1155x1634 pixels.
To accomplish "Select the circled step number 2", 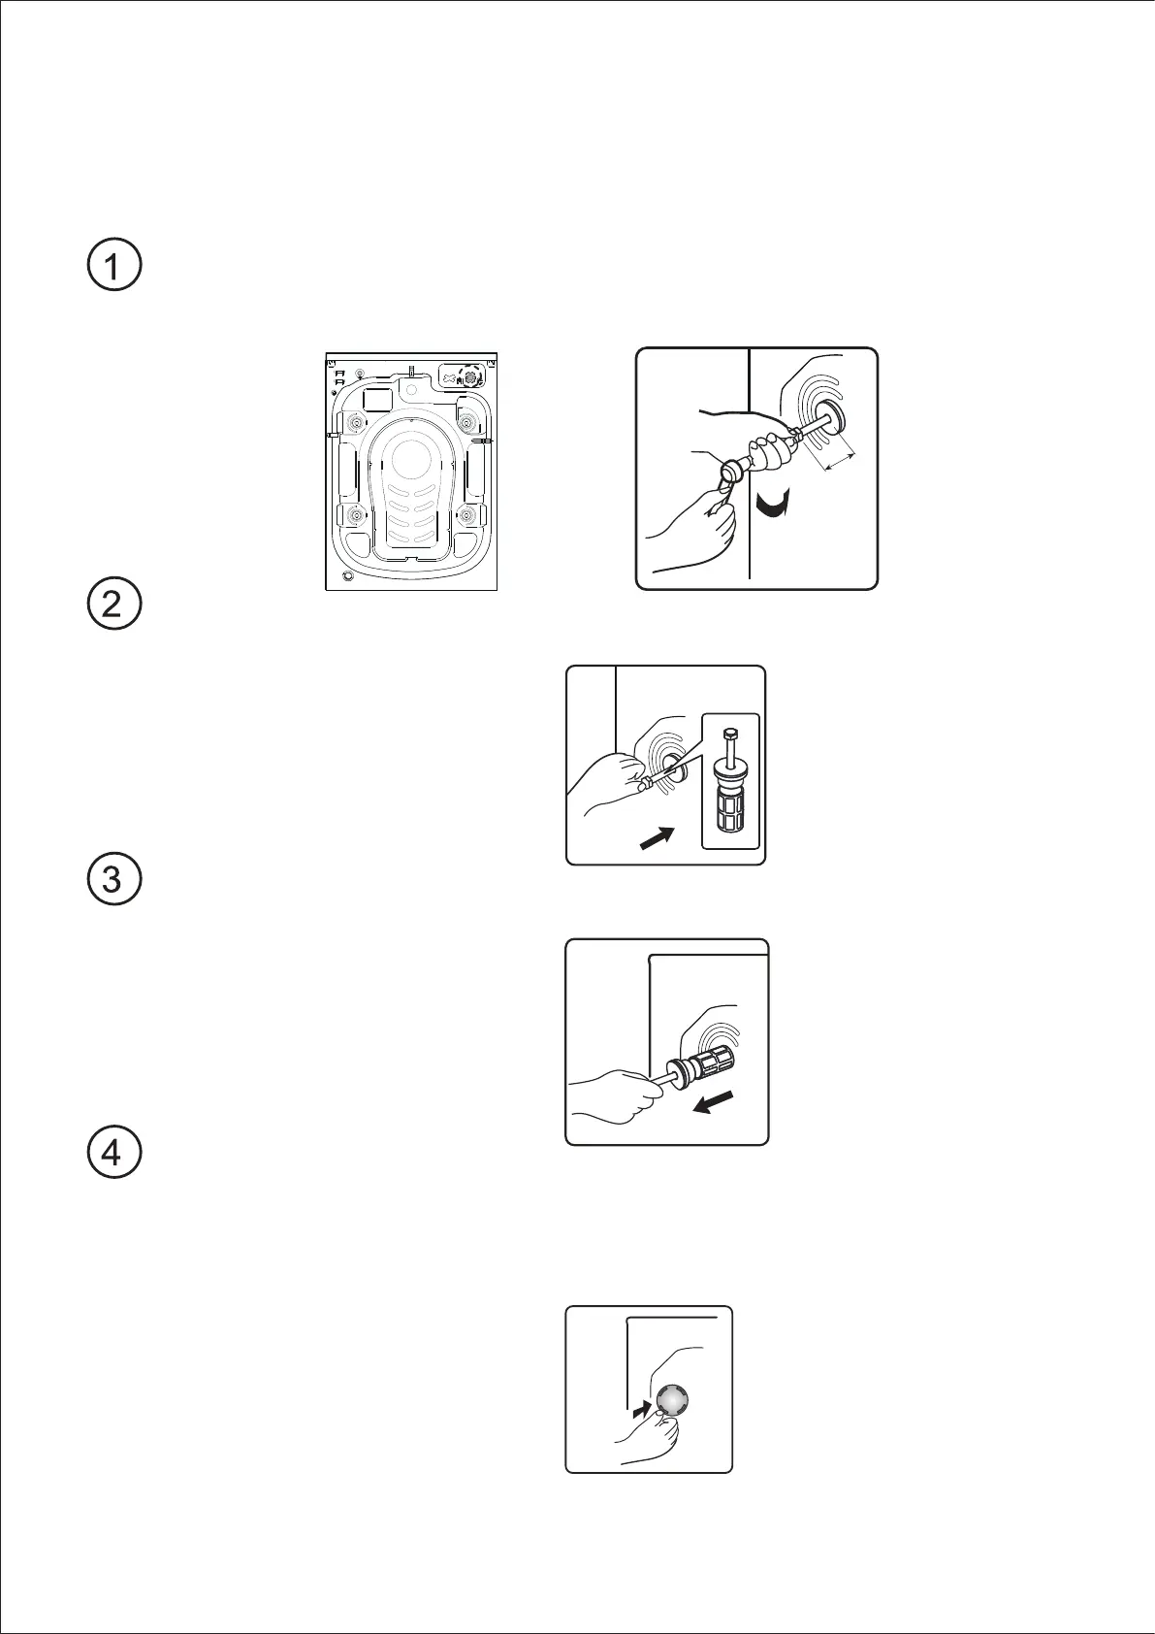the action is tap(112, 606).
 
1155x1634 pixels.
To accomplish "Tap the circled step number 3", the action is tap(112, 880).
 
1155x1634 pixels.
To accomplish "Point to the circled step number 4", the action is tap(112, 1154).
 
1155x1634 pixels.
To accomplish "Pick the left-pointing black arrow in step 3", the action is tap(716, 1103).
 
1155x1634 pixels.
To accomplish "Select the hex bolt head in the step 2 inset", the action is tap(729, 729).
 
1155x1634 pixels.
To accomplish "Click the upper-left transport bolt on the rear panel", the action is tap(356, 422).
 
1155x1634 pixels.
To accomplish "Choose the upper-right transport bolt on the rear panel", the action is tap(466, 422).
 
